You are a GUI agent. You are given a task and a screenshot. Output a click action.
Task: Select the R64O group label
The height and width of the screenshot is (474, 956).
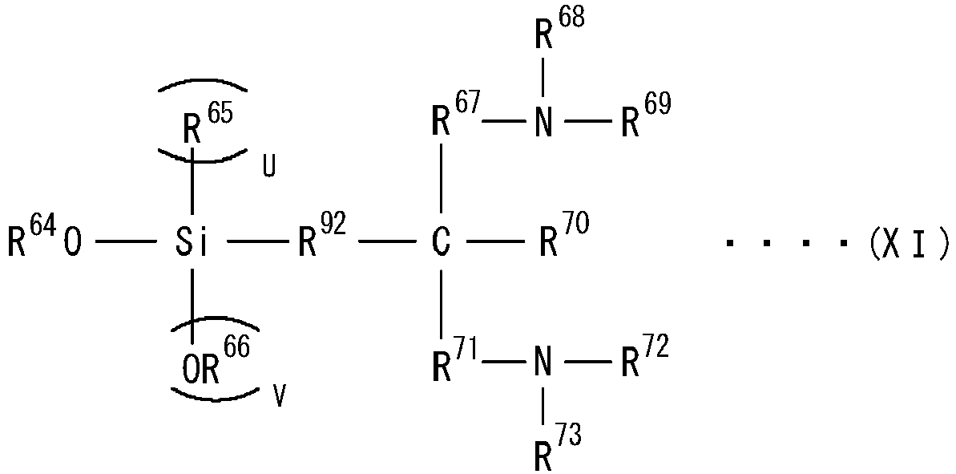coord(44,238)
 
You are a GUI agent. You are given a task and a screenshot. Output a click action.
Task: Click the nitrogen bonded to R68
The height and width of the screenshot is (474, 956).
coord(544,121)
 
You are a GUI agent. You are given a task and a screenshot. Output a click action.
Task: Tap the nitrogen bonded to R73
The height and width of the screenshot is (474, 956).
coord(544,365)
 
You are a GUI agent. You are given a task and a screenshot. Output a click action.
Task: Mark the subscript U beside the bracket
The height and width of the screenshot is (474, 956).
coord(268,169)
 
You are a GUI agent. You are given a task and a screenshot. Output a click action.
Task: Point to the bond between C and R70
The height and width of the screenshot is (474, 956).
coord(496,243)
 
